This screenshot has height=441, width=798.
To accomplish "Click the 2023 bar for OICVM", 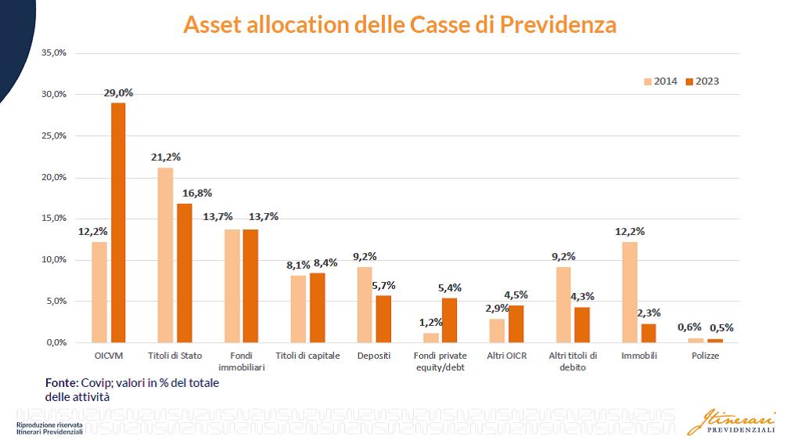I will (x=118, y=222).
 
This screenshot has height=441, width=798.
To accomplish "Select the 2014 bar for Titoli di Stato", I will (x=165, y=255).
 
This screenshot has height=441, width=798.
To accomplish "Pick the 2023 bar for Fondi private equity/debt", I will (x=450, y=320).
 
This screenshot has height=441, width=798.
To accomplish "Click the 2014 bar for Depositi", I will (x=365, y=305).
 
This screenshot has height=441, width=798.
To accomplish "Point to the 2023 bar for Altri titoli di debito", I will (x=582, y=324).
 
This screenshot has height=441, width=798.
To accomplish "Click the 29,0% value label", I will (x=118, y=92).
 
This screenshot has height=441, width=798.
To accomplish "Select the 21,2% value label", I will (x=166, y=157).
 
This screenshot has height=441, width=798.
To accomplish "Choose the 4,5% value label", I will (x=516, y=295).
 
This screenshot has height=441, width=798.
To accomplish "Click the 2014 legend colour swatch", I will (x=648, y=81).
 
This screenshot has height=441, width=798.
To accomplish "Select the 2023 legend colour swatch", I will (x=689, y=81).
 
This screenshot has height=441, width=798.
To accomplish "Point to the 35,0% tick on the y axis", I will (x=54, y=52).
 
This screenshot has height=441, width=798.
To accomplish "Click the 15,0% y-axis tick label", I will (x=54, y=219).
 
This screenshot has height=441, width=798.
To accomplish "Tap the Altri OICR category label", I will (x=507, y=356).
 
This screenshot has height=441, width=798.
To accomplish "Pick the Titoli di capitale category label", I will (x=307, y=356).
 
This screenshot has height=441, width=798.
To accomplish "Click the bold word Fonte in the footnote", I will (x=60, y=382).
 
